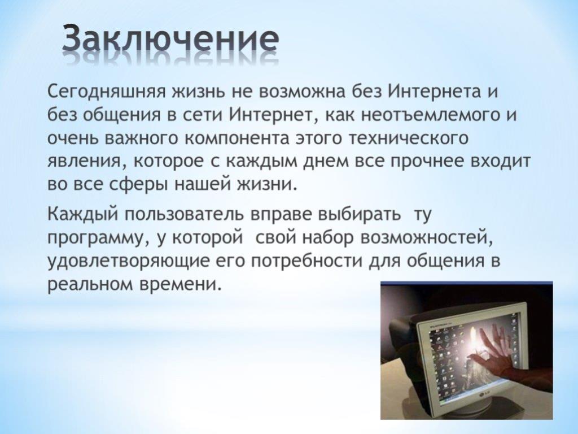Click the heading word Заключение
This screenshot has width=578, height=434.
coord(170,40)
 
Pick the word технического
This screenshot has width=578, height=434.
coord(409,139)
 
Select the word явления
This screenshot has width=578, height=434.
coord(86,162)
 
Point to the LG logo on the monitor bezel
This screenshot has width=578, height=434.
coord(482,396)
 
